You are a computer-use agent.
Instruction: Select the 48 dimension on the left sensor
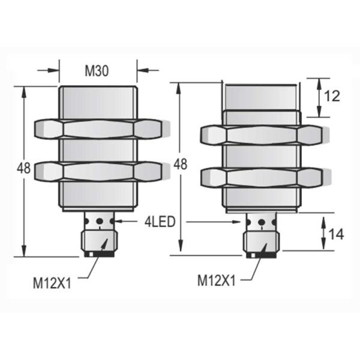(23, 169)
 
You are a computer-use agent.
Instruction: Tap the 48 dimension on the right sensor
(179, 164)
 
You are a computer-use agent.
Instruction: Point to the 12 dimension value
(331, 96)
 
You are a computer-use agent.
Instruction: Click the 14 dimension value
(337, 235)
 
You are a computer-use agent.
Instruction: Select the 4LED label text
(159, 222)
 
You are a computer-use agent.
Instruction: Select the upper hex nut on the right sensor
(261, 135)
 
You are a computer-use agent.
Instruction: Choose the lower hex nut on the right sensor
(261, 176)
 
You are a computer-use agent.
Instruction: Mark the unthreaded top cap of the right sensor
(261, 96)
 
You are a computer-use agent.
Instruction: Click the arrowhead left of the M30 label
(55, 71)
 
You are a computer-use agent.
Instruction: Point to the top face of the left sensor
(98, 88)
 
